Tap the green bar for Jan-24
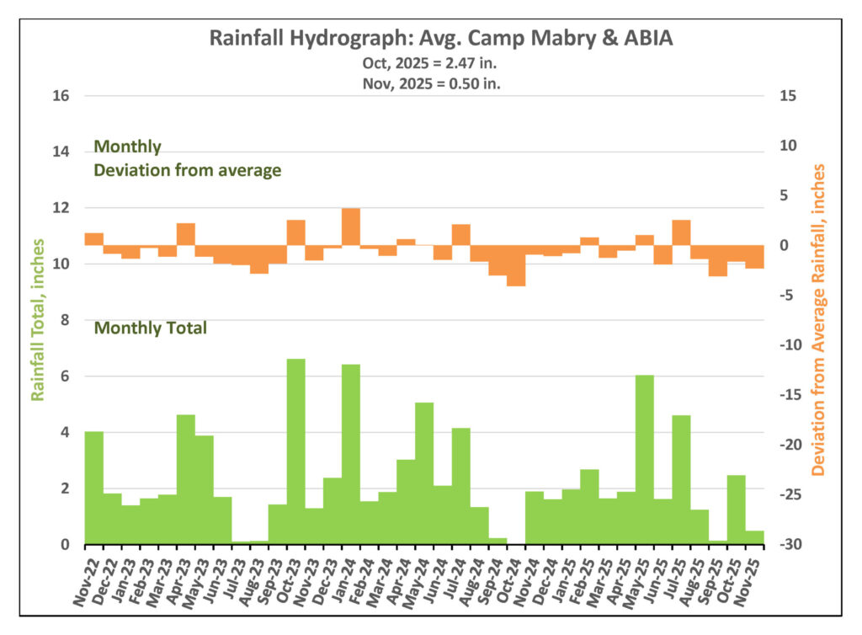(x=351, y=454)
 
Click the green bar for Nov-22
(x=93, y=488)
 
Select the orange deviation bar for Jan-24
(x=351, y=227)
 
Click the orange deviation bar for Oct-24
(x=516, y=265)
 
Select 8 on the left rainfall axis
(x=64, y=320)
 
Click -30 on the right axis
(x=790, y=545)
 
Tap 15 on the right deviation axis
(x=789, y=96)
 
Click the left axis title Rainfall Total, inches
(x=37, y=321)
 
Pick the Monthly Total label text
(x=150, y=328)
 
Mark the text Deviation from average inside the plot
(x=187, y=170)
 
